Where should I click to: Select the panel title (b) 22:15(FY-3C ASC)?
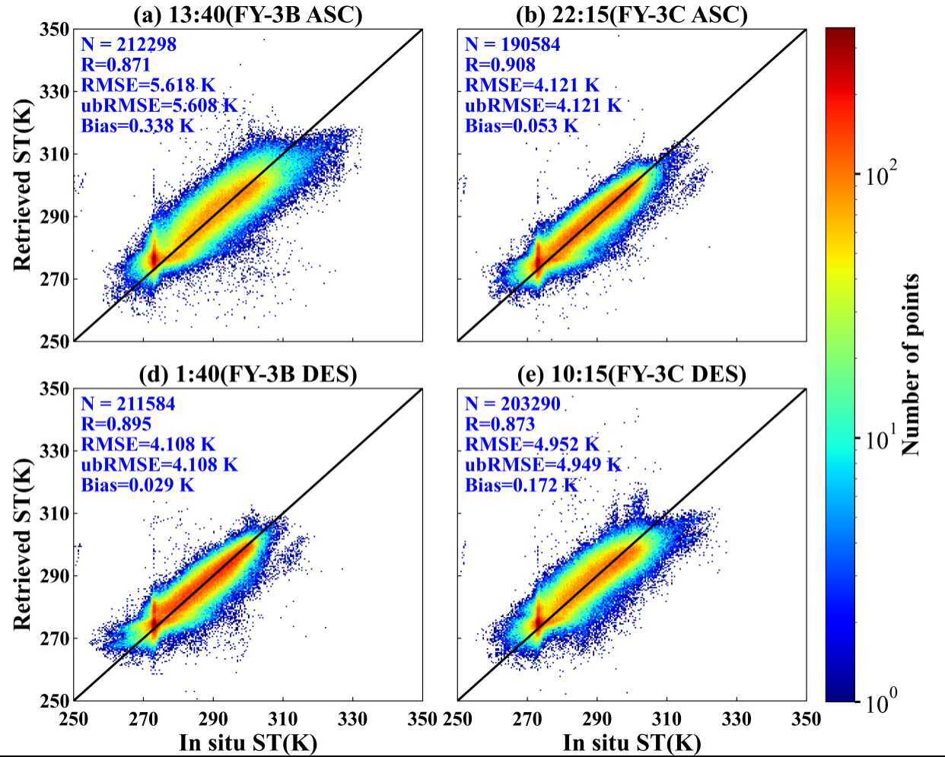click(x=631, y=14)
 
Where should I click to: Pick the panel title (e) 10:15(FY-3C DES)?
click(x=631, y=374)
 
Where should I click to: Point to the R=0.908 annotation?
click(x=500, y=65)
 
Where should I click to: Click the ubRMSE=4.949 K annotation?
click(x=543, y=464)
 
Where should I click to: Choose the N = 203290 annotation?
click(x=512, y=404)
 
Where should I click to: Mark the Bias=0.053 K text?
click(x=522, y=126)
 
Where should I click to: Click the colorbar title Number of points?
click(x=911, y=364)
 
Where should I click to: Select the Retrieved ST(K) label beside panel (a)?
click(x=23, y=185)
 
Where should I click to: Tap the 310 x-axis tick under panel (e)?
click(x=667, y=719)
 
